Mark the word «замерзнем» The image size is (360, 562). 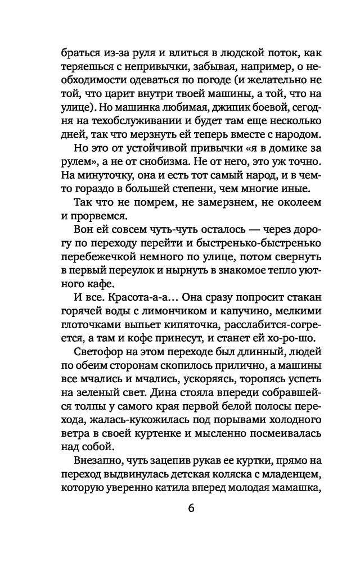coord(211,209)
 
